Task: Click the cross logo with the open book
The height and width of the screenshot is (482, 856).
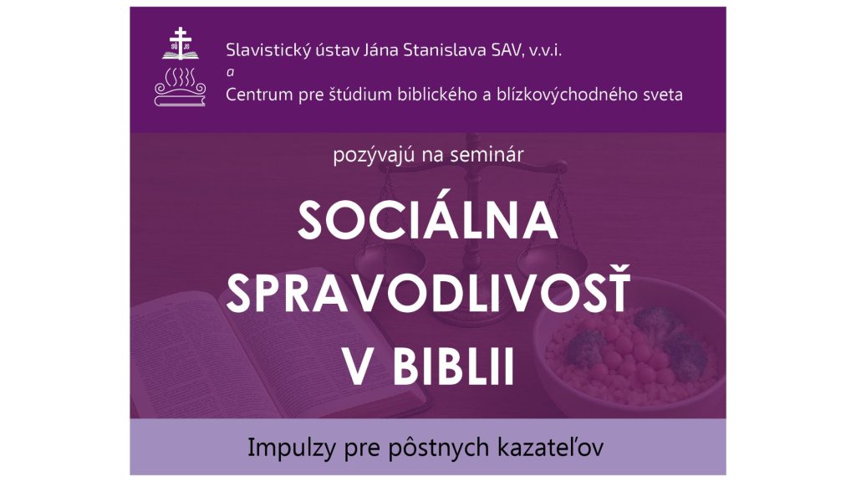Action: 181,44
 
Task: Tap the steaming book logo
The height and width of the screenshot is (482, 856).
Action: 181,86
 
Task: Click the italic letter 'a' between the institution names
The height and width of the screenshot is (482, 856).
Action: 230,72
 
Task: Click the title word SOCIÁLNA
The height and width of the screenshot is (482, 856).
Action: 428,220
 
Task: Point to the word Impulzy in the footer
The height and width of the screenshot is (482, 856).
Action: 287,449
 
